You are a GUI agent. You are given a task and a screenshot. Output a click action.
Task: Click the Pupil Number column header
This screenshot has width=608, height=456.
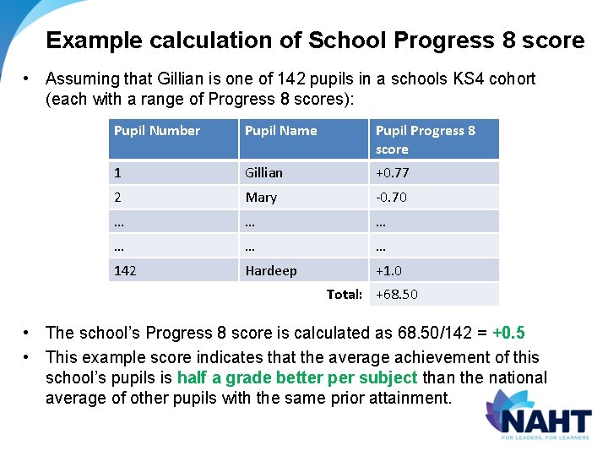point(157,131)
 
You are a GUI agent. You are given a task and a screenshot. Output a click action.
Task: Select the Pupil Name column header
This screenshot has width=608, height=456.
point(281,131)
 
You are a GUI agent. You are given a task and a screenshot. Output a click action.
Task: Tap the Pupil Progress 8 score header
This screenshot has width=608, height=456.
point(425,139)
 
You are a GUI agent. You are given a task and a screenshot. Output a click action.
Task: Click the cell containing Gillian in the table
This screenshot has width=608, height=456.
point(263,172)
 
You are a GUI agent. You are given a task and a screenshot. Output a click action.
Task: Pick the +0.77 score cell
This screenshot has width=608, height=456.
point(392,172)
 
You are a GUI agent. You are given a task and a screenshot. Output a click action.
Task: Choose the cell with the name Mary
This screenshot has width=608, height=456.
point(261,197)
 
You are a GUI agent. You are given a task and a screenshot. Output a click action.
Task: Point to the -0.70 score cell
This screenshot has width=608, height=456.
point(391,197)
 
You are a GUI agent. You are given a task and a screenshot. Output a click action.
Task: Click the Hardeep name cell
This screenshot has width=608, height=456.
point(271,270)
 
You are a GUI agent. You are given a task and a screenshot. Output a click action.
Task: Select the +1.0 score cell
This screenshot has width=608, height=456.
point(388,270)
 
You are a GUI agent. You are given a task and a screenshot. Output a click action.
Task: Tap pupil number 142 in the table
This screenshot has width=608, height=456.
point(125,270)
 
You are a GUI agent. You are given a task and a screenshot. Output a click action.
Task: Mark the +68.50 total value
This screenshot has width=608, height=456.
point(397,294)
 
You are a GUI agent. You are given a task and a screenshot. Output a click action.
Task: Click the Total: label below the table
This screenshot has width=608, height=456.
point(345,294)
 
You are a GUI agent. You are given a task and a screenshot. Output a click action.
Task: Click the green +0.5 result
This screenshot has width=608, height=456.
point(514,333)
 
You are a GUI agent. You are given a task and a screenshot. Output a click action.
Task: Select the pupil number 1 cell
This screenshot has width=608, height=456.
point(118,172)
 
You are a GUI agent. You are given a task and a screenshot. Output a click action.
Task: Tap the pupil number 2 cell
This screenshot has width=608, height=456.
point(118,197)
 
